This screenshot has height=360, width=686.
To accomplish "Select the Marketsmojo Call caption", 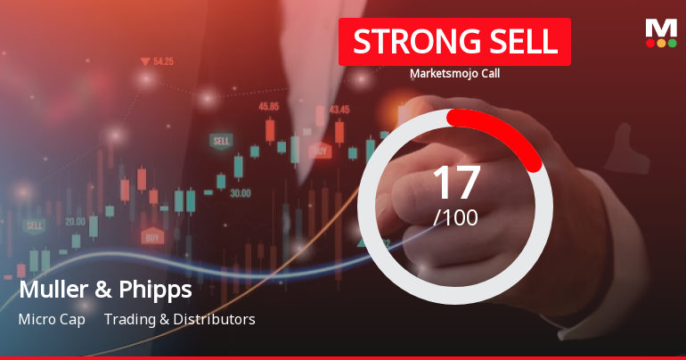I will click(454, 74).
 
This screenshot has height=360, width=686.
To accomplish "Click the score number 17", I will click(455, 183).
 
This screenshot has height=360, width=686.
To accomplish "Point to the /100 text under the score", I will click(455, 217).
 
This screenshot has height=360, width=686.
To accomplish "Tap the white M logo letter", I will click(661, 28).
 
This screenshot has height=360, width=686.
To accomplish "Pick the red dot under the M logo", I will click(650, 43).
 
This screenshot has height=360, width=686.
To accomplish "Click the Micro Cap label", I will click(51, 319).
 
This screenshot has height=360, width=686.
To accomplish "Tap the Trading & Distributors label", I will click(179, 319).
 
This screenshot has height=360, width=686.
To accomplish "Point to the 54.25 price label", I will click(163, 61).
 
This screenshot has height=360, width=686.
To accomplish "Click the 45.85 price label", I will click(268, 106).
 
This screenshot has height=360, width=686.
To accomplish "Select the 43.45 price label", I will click(339, 110).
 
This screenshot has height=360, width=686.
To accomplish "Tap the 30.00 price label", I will click(240, 192).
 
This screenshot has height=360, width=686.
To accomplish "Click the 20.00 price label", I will click(75, 221).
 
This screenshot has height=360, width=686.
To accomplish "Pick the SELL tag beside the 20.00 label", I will click(35, 226).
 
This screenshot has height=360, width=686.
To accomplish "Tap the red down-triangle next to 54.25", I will click(144, 61).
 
